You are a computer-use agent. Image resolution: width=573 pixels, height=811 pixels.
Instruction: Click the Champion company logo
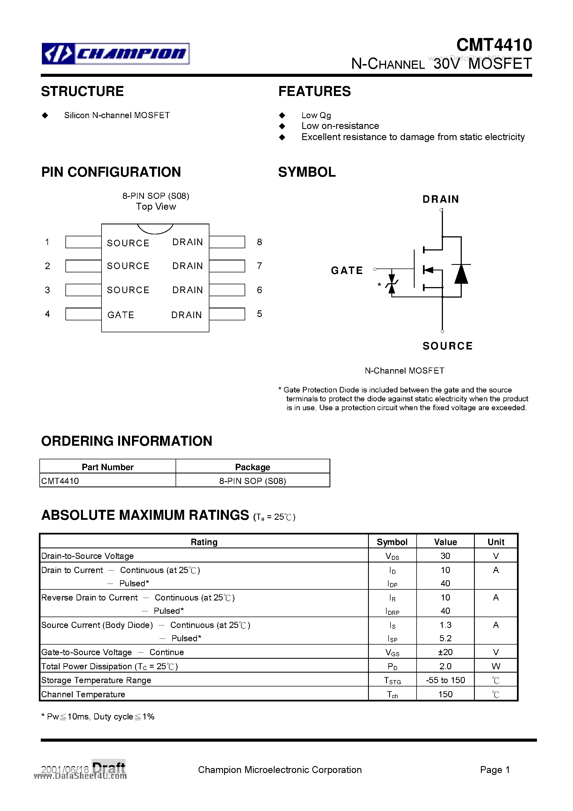click(x=116, y=54)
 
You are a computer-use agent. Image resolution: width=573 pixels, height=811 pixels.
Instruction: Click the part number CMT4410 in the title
click(x=494, y=45)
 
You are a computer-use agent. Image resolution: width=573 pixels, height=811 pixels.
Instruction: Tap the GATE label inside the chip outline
click(x=121, y=315)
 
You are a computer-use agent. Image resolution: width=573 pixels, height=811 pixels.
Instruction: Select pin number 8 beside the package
click(x=259, y=242)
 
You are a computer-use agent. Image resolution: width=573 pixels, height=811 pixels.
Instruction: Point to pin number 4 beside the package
click(x=47, y=314)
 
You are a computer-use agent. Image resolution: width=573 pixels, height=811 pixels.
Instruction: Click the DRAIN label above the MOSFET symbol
click(x=440, y=199)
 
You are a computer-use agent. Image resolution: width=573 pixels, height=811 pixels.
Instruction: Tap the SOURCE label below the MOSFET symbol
click(x=447, y=346)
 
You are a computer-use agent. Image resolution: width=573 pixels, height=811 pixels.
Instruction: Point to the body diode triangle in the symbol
click(x=461, y=274)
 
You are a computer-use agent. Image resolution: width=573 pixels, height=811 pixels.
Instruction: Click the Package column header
click(x=253, y=467)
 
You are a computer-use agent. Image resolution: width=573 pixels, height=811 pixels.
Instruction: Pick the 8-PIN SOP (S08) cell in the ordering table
click(x=253, y=481)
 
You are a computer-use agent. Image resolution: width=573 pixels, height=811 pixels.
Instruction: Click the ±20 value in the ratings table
click(x=445, y=652)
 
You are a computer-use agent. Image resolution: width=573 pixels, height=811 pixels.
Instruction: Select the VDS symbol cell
click(x=392, y=556)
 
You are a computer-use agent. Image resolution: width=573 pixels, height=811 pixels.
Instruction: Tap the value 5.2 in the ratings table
click(x=445, y=638)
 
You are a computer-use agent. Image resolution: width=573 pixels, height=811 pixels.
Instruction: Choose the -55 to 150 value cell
click(x=445, y=680)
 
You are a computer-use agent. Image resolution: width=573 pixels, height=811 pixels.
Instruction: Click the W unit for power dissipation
click(x=496, y=666)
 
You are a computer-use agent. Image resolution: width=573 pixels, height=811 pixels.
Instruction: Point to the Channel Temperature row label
click(x=83, y=694)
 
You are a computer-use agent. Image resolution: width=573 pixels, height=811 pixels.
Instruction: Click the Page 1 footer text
click(x=495, y=770)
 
